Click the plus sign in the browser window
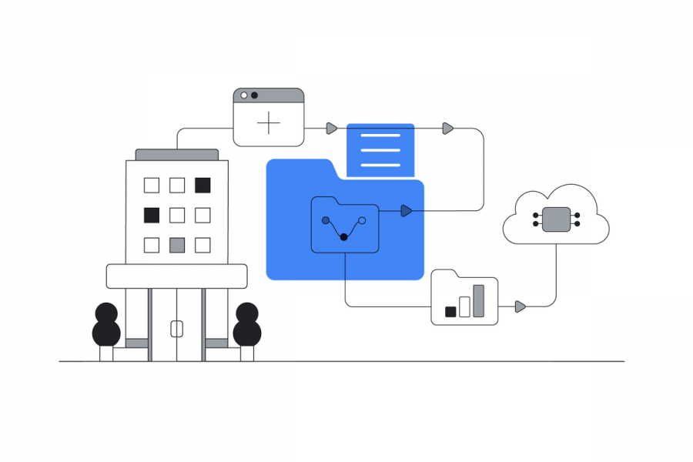pyautogui.click(x=269, y=122)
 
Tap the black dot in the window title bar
pyautogui.click(x=254, y=95)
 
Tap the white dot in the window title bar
pyautogui.click(x=244, y=95)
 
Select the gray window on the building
pyautogui.click(x=177, y=245)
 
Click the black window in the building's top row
pyautogui.click(x=203, y=185)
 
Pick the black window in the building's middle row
pyautogui.click(x=152, y=215)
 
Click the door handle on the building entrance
pyautogui.click(x=176, y=329)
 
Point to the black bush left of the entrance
pyautogui.click(x=106, y=325)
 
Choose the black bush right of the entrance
pyautogui.click(x=247, y=325)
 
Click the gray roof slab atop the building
pyautogui.click(x=176, y=155)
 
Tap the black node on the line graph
pyautogui.click(x=343, y=237)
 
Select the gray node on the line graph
pyautogui.click(x=326, y=220)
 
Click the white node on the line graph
pyautogui.click(x=362, y=220)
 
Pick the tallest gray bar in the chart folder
pyautogui.click(x=478, y=301)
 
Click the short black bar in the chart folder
pyautogui.click(x=450, y=312)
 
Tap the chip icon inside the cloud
pyautogui.click(x=556, y=219)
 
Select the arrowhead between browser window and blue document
pyautogui.click(x=331, y=128)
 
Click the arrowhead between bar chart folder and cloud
pyautogui.click(x=521, y=306)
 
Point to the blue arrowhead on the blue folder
pyautogui.click(x=407, y=211)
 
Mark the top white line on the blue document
pyautogui.click(x=380, y=136)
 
